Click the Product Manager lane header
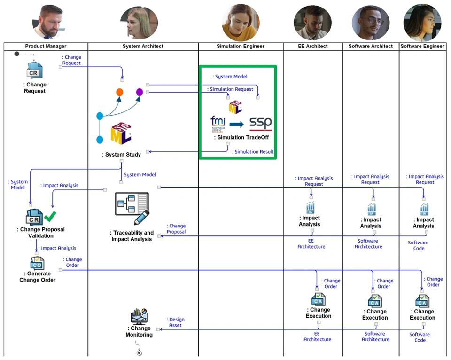tap(46, 46)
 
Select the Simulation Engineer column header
tap(241, 46)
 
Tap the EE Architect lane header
tap(313, 46)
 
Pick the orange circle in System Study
tap(119, 92)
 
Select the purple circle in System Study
tap(140, 92)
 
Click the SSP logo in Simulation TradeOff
tap(260, 124)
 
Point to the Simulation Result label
tap(254, 152)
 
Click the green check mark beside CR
tap(50, 216)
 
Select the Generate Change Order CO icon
tap(37, 263)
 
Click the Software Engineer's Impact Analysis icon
tap(425, 209)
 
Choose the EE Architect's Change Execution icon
tap(318, 299)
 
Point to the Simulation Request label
tap(231, 89)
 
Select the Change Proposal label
tap(177, 229)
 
